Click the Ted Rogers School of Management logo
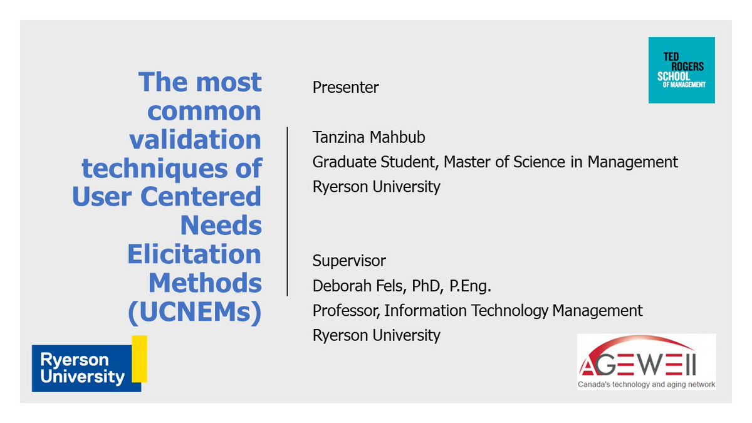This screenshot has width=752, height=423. (x=682, y=70)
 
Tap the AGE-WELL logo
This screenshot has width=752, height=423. (x=646, y=362)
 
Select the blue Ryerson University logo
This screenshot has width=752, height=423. (x=89, y=364)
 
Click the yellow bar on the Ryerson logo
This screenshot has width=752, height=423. (x=139, y=359)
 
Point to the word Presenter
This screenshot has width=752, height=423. (x=345, y=88)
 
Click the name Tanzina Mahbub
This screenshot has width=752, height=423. (x=368, y=137)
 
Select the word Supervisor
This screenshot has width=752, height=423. (x=349, y=261)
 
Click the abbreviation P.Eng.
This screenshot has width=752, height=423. (x=470, y=286)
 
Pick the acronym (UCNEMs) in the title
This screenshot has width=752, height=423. (x=195, y=312)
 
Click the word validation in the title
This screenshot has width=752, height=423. (x=196, y=139)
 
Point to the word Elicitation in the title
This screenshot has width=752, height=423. (x=194, y=254)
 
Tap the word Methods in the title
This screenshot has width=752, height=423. (x=205, y=283)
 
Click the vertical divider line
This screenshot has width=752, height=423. (x=288, y=212)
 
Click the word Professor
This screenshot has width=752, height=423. (x=346, y=311)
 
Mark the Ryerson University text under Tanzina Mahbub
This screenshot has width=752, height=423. (x=377, y=187)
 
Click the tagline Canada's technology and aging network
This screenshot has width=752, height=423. (x=646, y=384)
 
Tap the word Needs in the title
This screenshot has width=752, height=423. (x=221, y=226)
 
